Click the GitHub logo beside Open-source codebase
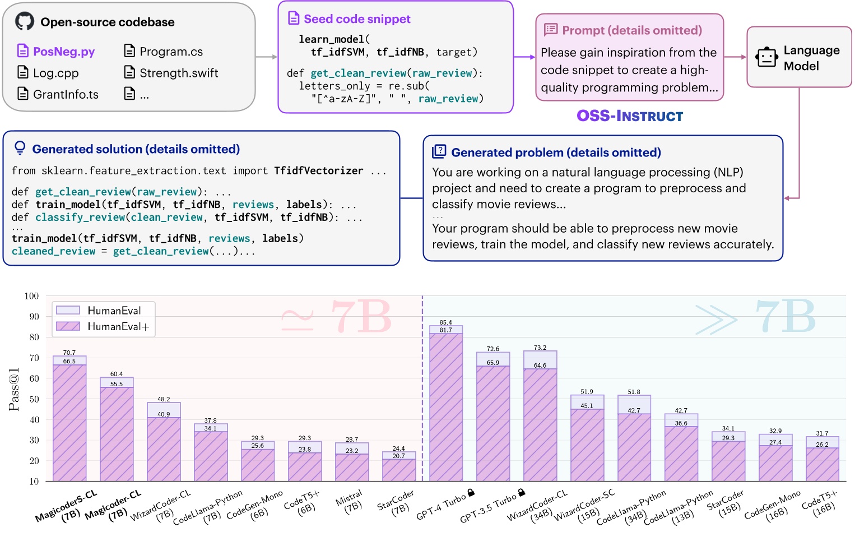coord(24,22)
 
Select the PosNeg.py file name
coord(63,52)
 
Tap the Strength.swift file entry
coord(178,73)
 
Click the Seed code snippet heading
coord(357,19)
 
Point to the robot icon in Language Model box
coord(766,58)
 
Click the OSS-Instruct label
coord(630,116)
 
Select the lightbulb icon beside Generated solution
coord(20,148)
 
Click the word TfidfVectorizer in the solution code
coord(318,171)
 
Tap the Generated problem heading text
coord(556,152)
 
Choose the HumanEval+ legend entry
coord(118,327)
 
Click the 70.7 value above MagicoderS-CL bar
coord(69,353)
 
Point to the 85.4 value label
coord(446,322)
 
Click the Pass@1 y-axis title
coord(14,389)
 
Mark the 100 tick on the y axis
coord(31,296)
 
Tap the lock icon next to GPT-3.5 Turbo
coord(522,493)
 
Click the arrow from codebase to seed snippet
coord(267,57)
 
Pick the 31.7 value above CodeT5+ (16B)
coord(822,433)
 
